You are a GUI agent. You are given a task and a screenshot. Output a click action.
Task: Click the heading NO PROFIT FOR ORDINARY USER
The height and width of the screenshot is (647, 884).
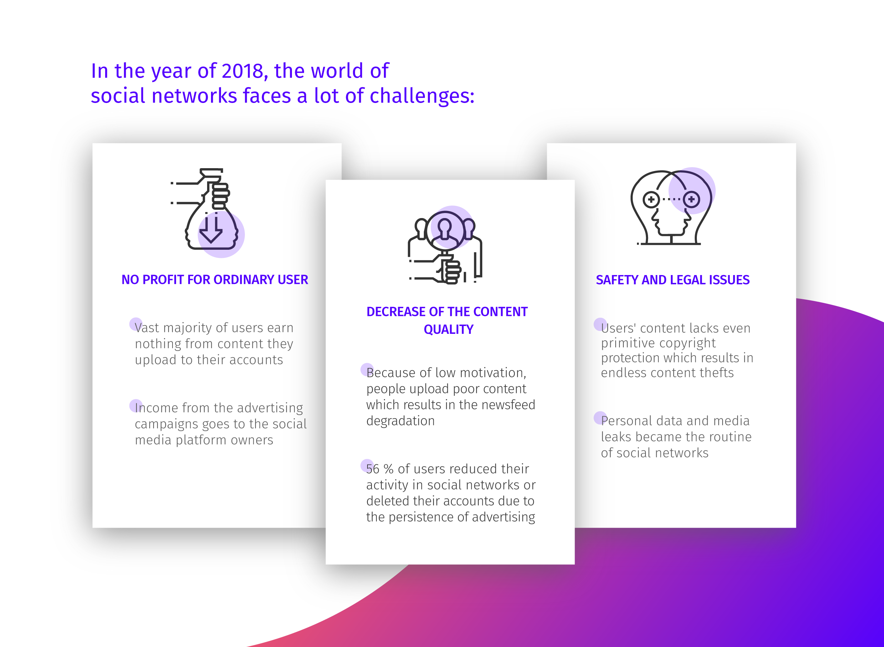(215, 280)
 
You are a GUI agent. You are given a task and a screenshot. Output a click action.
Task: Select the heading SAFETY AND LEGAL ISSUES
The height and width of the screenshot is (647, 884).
(672, 280)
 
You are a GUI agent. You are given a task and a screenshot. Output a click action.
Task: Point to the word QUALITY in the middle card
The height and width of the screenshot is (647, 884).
(449, 329)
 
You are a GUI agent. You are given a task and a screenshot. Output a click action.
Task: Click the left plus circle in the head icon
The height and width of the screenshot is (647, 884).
(651, 200)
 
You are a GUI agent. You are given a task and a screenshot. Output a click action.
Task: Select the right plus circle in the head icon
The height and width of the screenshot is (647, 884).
(691, 200)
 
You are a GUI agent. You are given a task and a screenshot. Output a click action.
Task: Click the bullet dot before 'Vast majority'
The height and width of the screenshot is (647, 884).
(135, 324)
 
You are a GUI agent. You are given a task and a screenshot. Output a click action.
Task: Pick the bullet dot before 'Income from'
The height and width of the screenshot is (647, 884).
(135, 406)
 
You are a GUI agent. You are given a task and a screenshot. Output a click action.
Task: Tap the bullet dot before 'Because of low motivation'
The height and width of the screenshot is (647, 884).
(367, 369)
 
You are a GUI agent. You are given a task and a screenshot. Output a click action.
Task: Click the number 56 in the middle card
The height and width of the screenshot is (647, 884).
(372, 469)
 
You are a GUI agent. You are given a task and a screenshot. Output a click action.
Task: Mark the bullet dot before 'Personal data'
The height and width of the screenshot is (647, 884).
(600, 418)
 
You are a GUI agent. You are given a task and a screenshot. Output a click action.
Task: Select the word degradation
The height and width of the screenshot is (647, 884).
(400, 421)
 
